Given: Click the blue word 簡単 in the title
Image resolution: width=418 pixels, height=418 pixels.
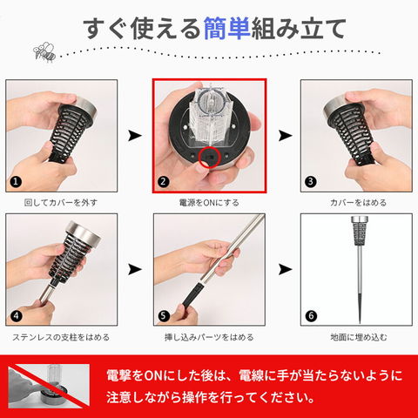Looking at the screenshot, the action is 226,28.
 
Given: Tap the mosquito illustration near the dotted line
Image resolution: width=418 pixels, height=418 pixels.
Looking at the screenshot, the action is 44,52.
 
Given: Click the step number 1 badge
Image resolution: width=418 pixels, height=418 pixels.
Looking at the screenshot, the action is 16,182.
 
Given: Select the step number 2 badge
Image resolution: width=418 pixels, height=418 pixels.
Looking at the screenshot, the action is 163,182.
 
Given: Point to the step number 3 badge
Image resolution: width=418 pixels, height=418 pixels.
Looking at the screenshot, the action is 311,182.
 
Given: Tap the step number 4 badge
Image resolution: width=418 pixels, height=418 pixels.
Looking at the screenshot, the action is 17,316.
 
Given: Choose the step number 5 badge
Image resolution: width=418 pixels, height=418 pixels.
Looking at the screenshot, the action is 164,316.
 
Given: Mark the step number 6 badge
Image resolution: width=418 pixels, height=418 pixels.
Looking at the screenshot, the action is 311,316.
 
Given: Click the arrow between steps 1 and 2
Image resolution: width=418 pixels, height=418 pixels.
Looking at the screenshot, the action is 135,136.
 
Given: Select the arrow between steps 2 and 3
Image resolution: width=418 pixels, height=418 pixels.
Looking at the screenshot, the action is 285,136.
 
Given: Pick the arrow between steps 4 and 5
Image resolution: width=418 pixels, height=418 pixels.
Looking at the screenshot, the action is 135,270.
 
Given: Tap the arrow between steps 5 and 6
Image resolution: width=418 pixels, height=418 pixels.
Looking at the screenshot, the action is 285,270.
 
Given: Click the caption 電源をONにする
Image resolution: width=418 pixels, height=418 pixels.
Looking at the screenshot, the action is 209,203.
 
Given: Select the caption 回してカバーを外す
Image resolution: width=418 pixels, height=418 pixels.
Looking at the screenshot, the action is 61,203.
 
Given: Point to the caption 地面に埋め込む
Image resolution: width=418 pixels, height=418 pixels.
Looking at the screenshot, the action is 359,337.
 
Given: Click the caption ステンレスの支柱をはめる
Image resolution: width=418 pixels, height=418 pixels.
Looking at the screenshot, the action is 61,337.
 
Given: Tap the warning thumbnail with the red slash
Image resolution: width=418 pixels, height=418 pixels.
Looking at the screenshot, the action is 49,386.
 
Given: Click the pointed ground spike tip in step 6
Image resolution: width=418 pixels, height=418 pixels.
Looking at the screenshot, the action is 360,322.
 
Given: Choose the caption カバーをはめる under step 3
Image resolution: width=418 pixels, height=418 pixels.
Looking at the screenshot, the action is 358,203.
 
